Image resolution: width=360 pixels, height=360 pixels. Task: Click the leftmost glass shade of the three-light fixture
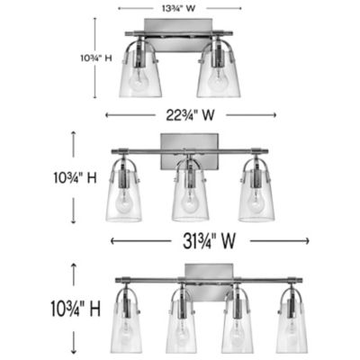[124, 200]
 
